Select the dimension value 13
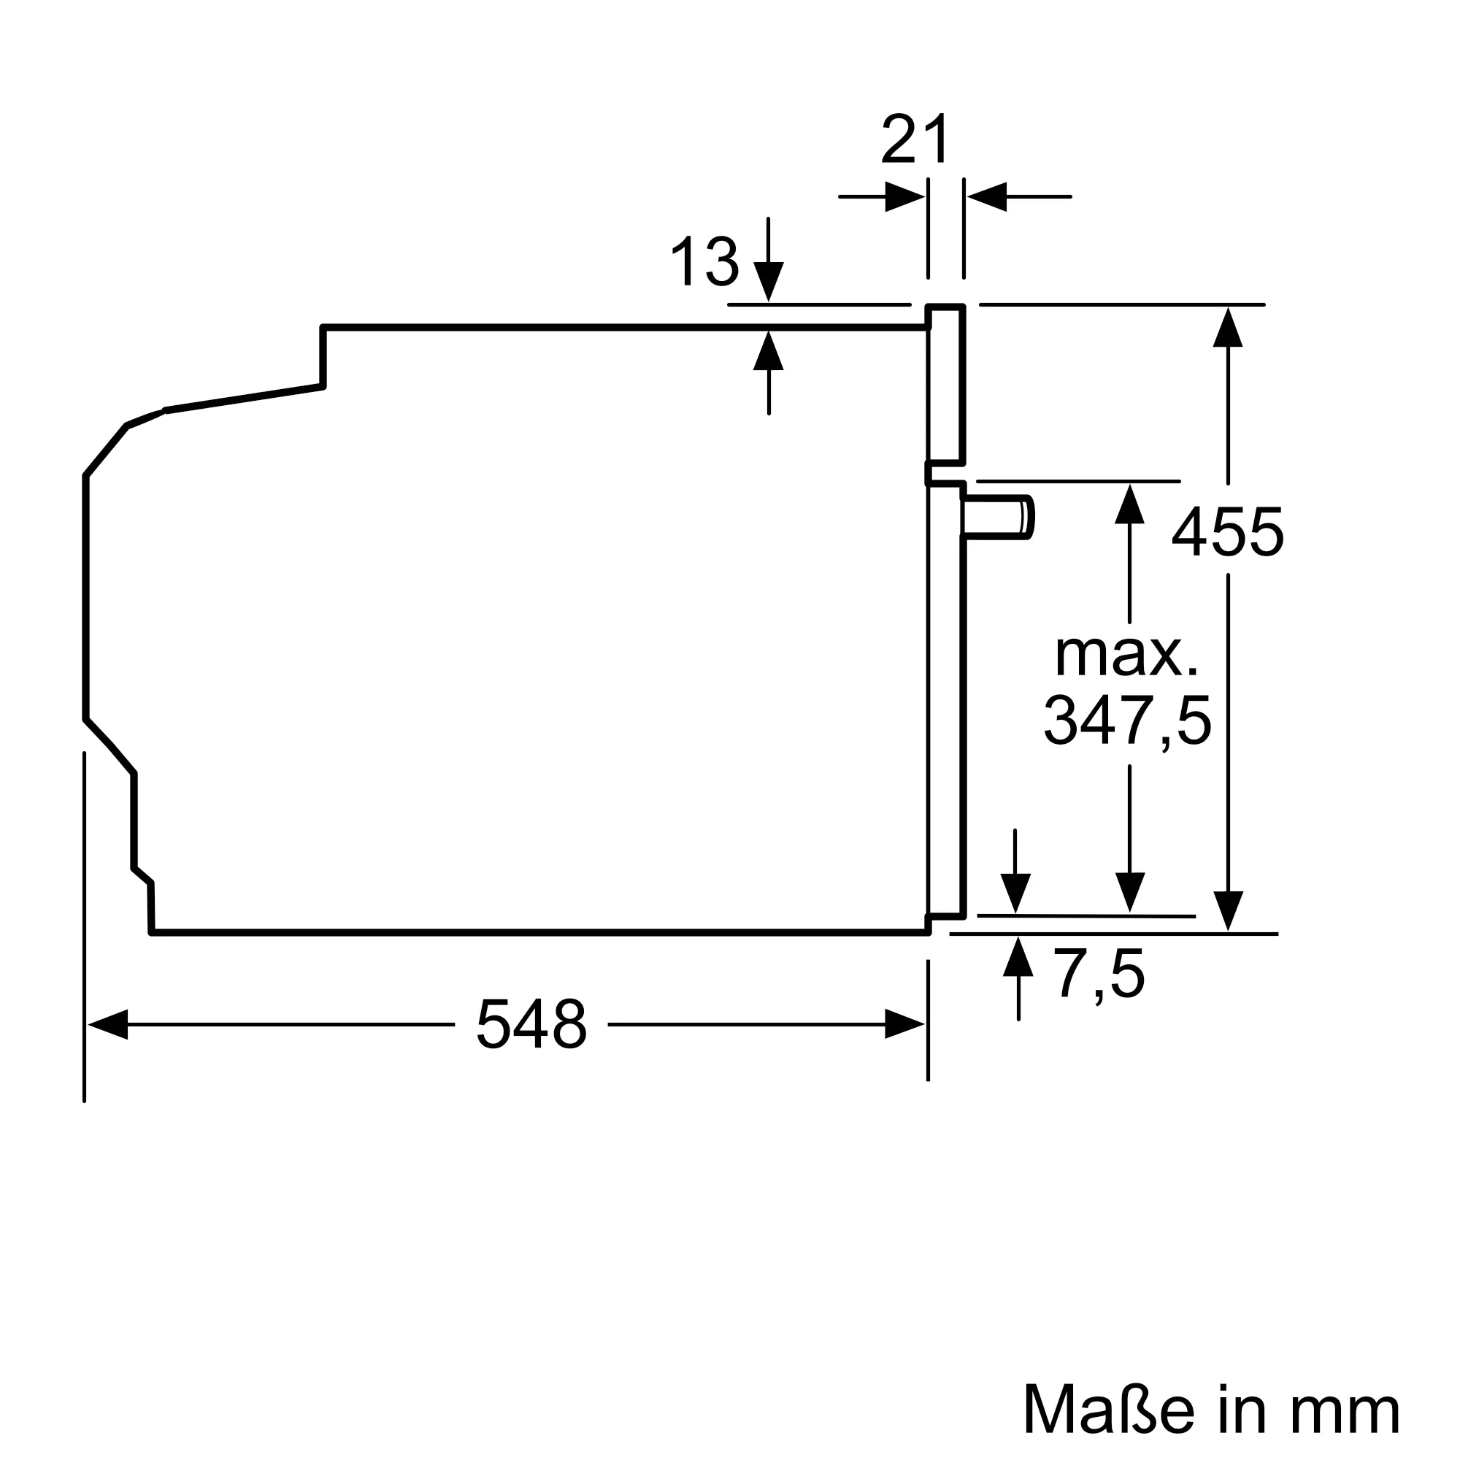point(704,261)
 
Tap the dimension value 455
point(1227,533)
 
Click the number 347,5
point(1128,721)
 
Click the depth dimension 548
point(531,1025)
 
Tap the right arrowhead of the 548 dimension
point(904,1024)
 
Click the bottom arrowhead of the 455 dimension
point(1228,911)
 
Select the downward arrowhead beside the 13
point(769,281)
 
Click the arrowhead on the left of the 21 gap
point(904,196)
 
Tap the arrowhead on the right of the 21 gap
point(987,196)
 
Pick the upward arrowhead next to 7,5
point(1018,958)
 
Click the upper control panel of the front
point(946,384)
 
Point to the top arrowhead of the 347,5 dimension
point(1129,503)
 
